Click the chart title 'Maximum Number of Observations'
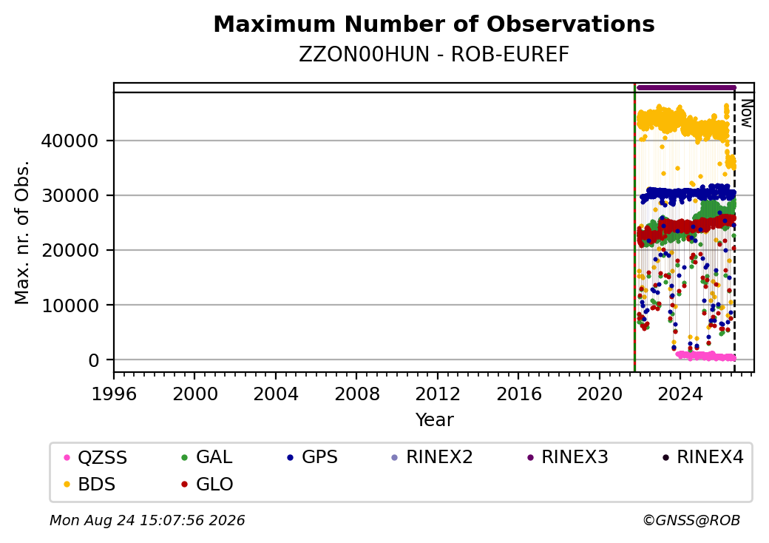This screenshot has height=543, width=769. click(x=434, y=24)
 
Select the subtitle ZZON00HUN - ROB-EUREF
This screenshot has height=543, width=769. click(x=434, y=55)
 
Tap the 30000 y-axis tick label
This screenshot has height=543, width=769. click(x=70, y=196)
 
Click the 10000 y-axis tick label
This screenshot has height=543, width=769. click(x=70, y=306)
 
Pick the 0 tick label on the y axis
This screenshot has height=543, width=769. click(x=93, y=360)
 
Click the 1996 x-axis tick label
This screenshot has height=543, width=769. click(x=114, y=394)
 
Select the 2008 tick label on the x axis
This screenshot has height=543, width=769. click(x=356, y=394)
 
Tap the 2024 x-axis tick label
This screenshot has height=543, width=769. click(x=680, y=394)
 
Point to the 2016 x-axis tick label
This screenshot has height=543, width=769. click(x=518, y=394)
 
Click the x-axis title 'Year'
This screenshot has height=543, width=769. click(x=435, y=420)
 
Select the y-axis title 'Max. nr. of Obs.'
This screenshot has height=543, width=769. click(x=22, y=232)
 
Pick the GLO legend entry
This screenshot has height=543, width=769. click(x=207, y=484)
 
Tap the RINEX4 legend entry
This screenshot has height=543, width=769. click(x=702, y=457)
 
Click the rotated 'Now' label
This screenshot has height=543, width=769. click(x=746, y=113)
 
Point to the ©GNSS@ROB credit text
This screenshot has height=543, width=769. click(x=691, y=520)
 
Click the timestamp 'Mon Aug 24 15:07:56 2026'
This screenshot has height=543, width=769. click(x=147, y=520)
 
